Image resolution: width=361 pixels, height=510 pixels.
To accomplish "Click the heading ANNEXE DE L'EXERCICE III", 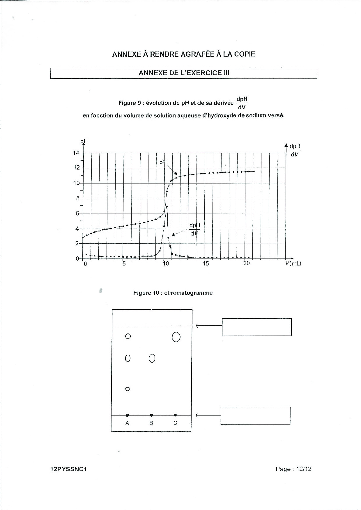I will coord(184,73).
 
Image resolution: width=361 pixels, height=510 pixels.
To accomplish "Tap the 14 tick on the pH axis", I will coord(76,153).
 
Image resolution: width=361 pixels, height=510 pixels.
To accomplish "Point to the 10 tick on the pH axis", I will coord(76,183).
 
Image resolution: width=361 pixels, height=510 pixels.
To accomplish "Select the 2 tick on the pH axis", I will coord(77,243).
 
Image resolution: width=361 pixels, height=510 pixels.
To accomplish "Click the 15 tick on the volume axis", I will coord(206,264).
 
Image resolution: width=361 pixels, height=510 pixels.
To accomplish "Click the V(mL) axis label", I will coord(293,264).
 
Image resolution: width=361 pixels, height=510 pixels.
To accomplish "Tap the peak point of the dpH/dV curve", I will coord(167,206).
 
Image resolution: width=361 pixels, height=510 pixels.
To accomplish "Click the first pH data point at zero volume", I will coord(83,237).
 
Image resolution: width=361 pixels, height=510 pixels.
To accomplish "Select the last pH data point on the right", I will coord(254,171).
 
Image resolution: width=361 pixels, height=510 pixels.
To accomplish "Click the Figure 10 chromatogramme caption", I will coord(173,293).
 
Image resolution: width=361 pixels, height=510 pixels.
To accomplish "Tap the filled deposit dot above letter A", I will coord(127,415).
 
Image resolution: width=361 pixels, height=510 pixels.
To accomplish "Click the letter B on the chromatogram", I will coord(151,423).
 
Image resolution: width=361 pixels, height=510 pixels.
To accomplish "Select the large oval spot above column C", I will coord(176,337).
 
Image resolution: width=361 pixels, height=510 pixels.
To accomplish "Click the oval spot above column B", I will coord(152,359).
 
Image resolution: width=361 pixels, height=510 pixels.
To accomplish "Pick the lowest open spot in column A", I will coord(127,389).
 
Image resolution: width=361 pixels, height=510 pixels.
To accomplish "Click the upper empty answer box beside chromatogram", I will coord(256,327).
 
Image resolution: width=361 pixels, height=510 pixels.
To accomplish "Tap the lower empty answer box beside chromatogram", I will coord(255,416).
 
